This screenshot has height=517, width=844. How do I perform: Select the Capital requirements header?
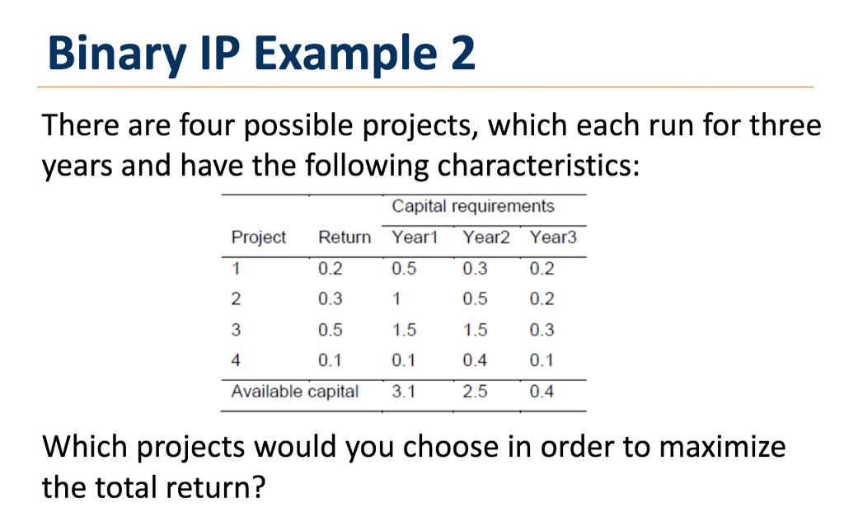coord(473,205)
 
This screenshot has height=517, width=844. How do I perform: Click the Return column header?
coord(345,237)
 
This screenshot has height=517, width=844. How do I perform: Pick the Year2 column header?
coord(486,237)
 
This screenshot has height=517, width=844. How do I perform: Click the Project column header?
coord(258,237)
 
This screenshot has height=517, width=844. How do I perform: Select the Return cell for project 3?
coord(331,330)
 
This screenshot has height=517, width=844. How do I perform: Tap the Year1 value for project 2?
coord(396,298)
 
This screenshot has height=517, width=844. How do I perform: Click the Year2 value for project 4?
coord(475,360)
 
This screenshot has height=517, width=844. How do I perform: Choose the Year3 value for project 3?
coord(542,330)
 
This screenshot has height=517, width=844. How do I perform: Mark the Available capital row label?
coord(295,392)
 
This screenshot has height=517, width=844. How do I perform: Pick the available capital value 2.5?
coord(475,392)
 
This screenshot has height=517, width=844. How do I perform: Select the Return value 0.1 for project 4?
coord(331,360)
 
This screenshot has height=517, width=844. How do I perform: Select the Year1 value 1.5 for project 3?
coord(404,330)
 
